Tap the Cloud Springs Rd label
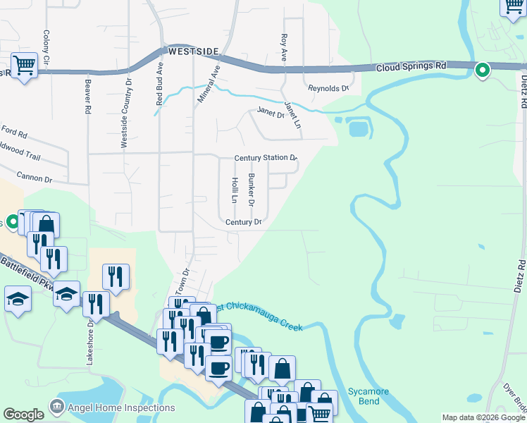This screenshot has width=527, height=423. (x=411, y=66)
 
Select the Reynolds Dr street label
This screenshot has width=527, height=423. (x=328, y=88)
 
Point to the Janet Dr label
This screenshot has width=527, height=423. (x=271, y=111)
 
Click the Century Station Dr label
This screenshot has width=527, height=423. (x=266, y=158)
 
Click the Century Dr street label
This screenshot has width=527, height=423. (x=244, y=222)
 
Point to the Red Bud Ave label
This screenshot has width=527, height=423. (x=160, y=87)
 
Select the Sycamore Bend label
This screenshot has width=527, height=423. (x=364, y=396)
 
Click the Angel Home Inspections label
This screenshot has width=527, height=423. (x=120, y=407)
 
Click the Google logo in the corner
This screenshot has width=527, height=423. (x=23, y=415)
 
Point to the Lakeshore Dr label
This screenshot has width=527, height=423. (x=89, y=341)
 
